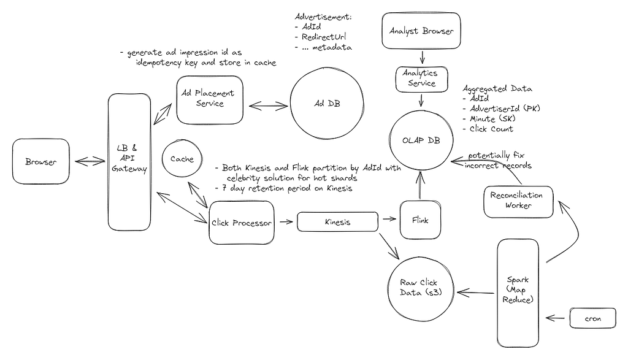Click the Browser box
(41, 161)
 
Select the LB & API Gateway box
(129, 162)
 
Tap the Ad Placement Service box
(210, 100)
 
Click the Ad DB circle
(327, 103)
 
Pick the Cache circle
(182, 159)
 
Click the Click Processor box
(242, 223)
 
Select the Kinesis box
(338, 222)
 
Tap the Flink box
(420, 220)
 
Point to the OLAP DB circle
(421, 140)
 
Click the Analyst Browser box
(421, 31)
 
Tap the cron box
(593, 318)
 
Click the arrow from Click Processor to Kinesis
(286, 221)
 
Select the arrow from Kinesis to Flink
(389, 219)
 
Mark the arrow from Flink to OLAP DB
(420, 185)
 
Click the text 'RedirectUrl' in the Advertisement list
(324, 37)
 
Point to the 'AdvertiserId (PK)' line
(505, 109)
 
